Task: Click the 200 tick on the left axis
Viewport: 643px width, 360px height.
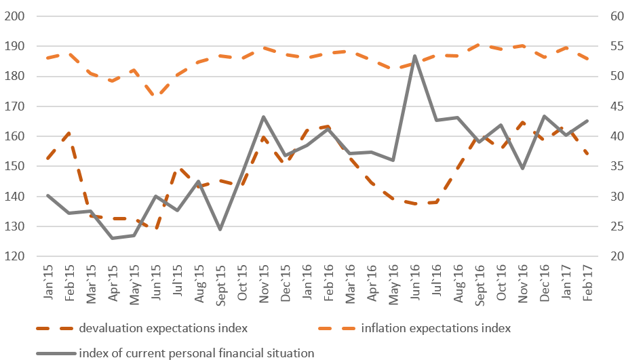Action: pyautogui.click(x=15, y=16)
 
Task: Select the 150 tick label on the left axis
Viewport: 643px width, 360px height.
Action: pyautogui.click(x=15, y=167)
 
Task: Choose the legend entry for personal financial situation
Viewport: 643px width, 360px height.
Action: pyautogui.click(x=197, y=352)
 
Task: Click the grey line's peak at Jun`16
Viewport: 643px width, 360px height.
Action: pyautogui.click(x=415, y=56)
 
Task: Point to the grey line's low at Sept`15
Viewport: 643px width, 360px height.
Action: pyautogui.click(x=220, y=229)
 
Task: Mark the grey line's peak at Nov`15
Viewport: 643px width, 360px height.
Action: pyautogui.click(x=264, y=117)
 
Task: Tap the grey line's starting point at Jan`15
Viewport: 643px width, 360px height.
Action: pyautogui.click(x=47, y=195)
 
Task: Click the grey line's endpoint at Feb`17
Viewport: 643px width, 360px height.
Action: pyautogui.click(x=587, y=121)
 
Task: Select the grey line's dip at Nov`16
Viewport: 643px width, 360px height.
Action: pyautogui.click(x=522, y=168)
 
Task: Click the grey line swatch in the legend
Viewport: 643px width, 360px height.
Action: pyautogui.click(x=54, y=352)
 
